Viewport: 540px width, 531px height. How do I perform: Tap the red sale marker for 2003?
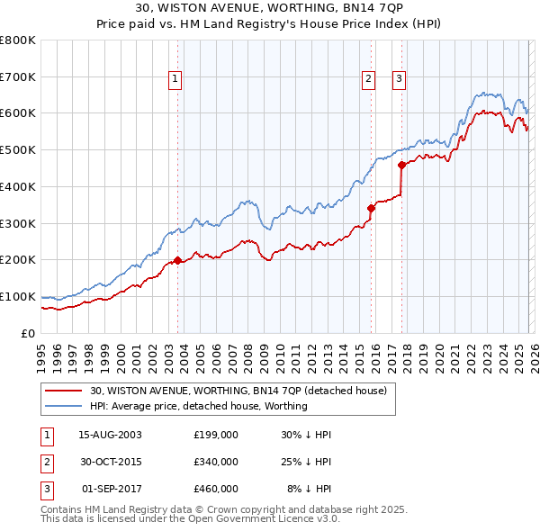coord(177,260)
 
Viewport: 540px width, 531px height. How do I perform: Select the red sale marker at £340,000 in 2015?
coord(371,208)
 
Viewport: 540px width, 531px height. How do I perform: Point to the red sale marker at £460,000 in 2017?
coord(401,164)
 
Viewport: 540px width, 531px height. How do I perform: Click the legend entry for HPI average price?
coord(198,406)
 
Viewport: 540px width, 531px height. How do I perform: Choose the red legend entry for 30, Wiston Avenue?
coord(238,391)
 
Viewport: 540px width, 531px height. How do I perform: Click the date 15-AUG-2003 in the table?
coord(110,435)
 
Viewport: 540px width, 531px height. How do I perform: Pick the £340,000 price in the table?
coord(215,462)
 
